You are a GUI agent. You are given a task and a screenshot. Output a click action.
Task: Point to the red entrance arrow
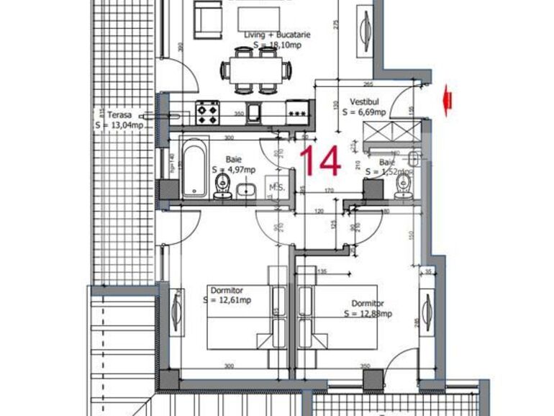(x=448, y=100)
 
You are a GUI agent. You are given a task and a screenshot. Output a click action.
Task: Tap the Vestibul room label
(x=365, y=102)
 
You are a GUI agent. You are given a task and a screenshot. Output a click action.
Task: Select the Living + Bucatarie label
(x=273, y=34)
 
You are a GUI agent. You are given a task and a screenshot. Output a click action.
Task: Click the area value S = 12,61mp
(x=227, y=299)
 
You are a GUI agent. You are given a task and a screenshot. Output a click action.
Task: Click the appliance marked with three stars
(x=296, y=112)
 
